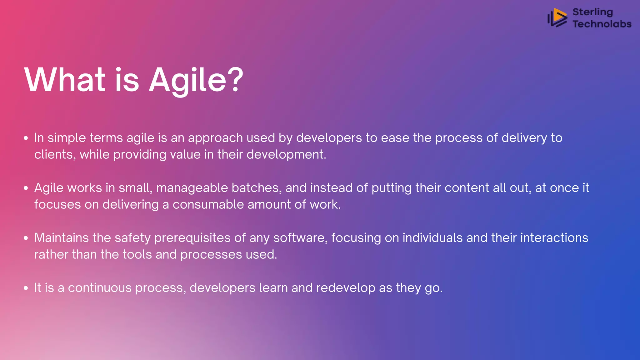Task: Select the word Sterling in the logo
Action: coord(592,12)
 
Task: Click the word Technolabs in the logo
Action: coord(602,24)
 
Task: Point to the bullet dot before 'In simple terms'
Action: coord(26,138)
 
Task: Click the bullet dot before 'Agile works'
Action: coord(26,188)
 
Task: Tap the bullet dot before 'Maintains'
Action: coord(26,238)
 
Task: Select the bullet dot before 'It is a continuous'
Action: coord(26,288)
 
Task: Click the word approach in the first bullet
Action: coord(215,138)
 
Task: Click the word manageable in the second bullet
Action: coord(192,188)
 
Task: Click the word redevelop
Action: coord(346,288)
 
